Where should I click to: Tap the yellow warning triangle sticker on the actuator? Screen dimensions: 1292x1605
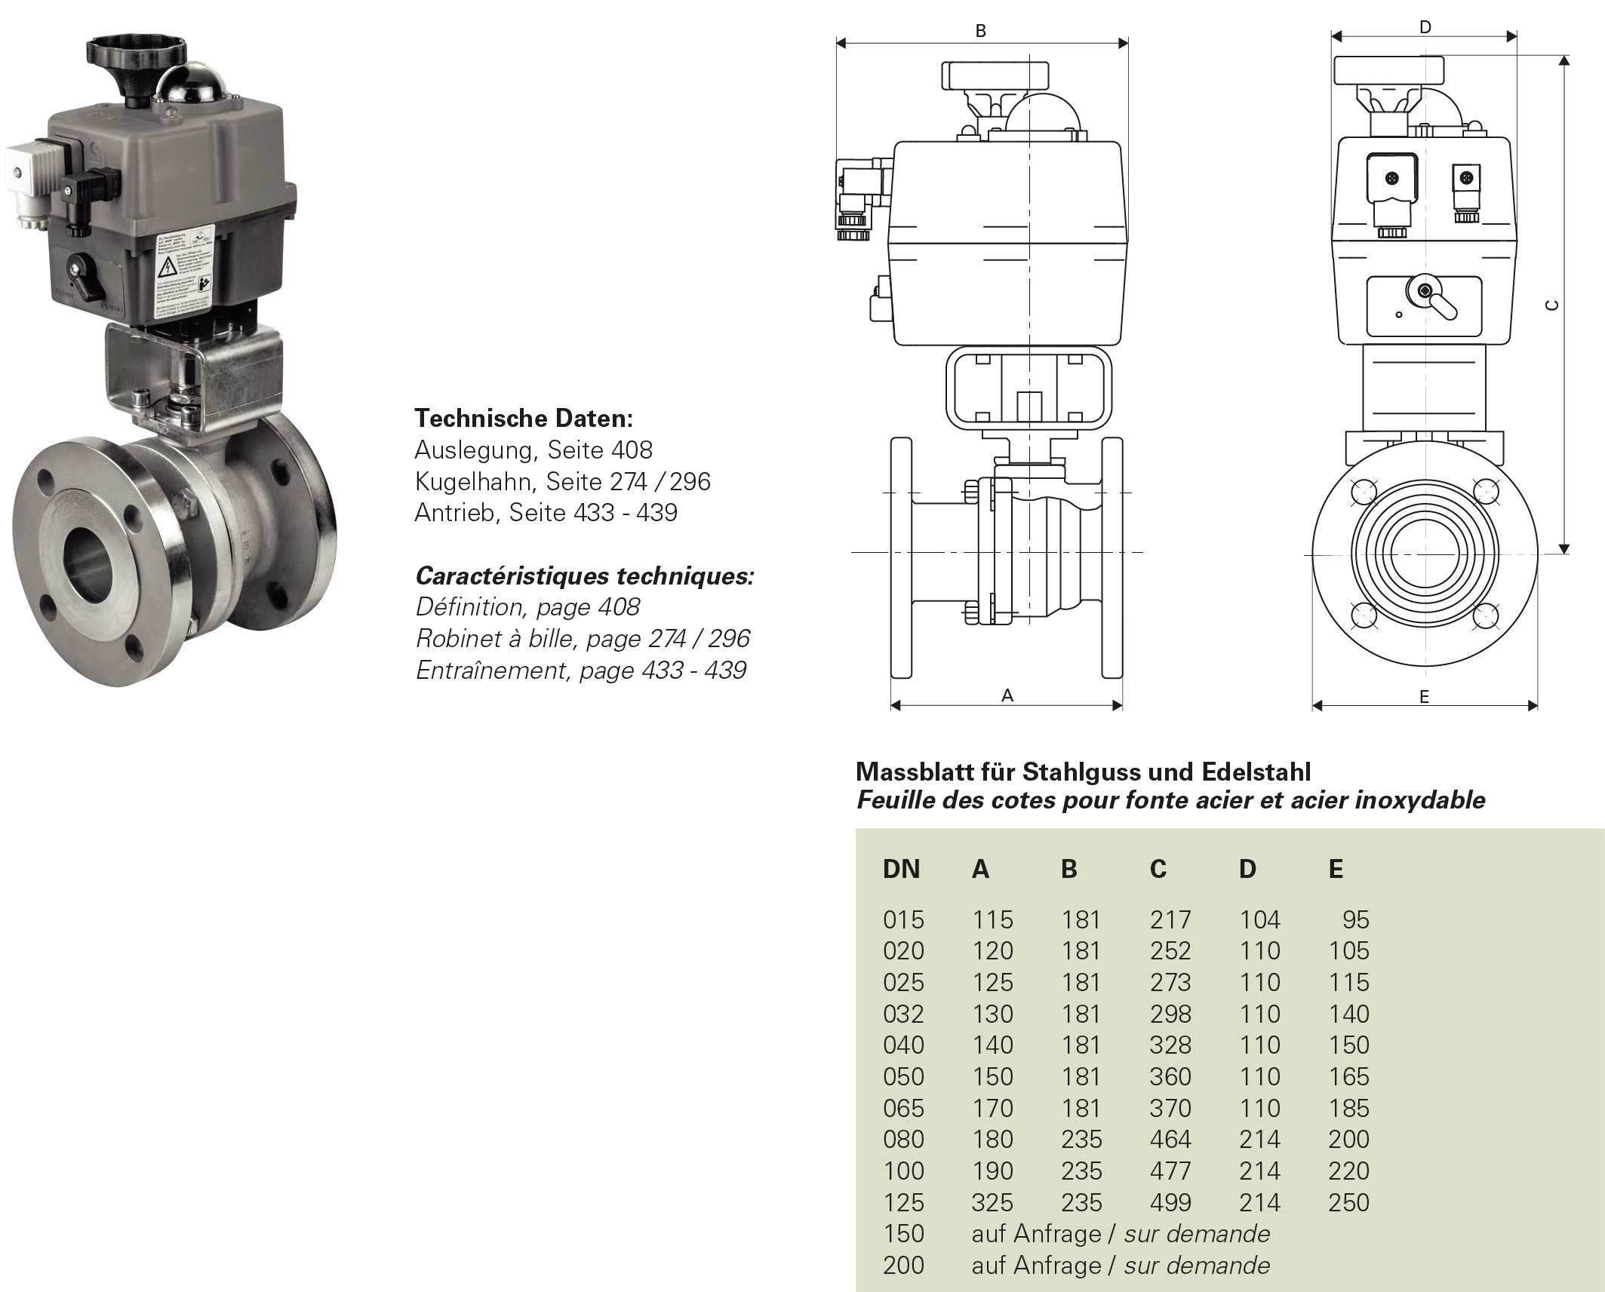click(166, 266)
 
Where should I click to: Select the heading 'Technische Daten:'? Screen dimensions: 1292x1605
click(524, 418)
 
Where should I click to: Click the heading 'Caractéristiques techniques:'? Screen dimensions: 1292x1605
click(584, 575)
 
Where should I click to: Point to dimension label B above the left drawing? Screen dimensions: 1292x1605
click(980, 31)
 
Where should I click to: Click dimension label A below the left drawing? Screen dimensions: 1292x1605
click(1007, 695)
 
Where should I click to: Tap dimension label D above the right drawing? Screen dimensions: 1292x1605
click(1425, 27)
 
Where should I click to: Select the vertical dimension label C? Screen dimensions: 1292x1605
click(1551, 305)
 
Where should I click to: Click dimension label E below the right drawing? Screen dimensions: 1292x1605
click(1424, 697)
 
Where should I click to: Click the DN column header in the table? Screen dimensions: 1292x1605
click(901, 869)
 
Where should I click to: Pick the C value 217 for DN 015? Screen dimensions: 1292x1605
click(1170, 919)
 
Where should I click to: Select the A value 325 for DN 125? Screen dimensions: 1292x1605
click(992, 1202)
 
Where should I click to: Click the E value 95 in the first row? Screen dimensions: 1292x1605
click(1355, 919)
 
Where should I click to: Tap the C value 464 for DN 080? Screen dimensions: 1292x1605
click(1170, 1139)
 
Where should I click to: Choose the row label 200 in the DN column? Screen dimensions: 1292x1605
click(903, 1265)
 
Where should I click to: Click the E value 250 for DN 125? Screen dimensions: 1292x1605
click(1348, 1202)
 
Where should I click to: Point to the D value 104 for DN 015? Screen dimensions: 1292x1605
click(1259, 919)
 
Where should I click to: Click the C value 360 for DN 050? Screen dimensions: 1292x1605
click(1170, 1076)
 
